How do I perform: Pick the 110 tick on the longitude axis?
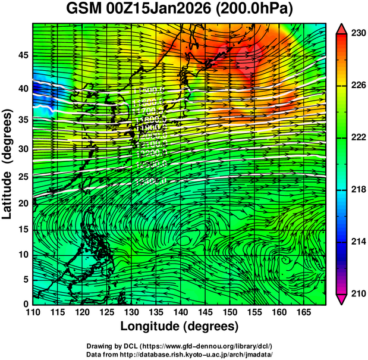coord(33,312)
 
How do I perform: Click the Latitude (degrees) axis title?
coord(8,164)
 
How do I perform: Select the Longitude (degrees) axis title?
coord(180,326)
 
